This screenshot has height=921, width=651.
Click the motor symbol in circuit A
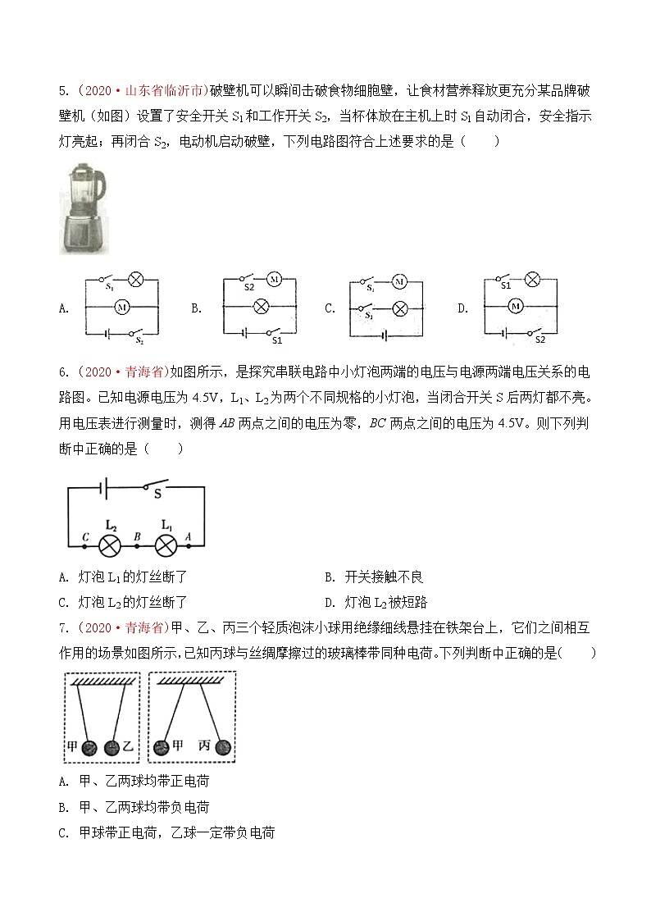[x=122, y=307]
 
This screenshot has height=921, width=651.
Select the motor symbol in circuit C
[x=399, y=281]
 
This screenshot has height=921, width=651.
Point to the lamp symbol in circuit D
[x=531, y=280]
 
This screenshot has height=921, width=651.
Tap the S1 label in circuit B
[x=276, y=340]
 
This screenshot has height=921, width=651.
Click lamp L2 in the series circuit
[x=110, y=545]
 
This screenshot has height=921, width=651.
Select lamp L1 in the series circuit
[x=166, y=545]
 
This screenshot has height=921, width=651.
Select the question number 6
[x=63, y=372]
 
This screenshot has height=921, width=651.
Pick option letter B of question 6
[x=329, y=577]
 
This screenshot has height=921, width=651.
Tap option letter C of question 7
[x=64, y=832]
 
